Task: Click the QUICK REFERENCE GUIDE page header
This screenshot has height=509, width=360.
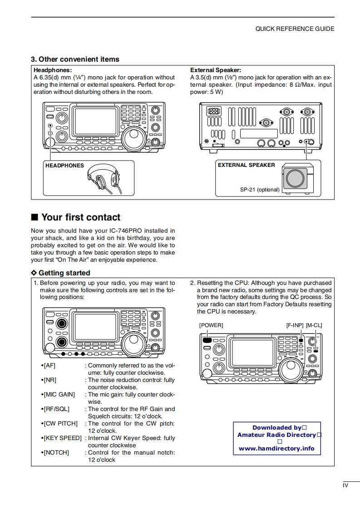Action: pyautogui.click(x=295, y=29)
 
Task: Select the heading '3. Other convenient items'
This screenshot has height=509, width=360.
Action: pyautogui.click(x=75, y=59)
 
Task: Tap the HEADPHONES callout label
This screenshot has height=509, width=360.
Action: pyautogui.click(x=64, y=166)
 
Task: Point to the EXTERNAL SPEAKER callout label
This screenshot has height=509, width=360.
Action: pyautogui.click(x=246, y=165)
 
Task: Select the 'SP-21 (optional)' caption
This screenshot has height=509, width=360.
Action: pyautogui.click(x=260, y=190)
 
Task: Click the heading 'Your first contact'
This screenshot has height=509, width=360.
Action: pyautogui.click(x=81, y=217)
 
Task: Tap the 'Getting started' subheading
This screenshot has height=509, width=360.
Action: pyautogui.click(x=64, y=273)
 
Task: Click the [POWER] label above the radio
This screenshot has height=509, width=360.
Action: pyautogui.click(x=211, y=325)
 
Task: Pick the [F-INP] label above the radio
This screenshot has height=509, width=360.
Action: pyautogui.click(x=295, y=325)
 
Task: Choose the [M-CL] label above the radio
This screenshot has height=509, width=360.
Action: pyautogui.click(x=314, y=325)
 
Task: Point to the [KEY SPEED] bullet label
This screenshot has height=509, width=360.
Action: pyautogui.click(x=62, y=438)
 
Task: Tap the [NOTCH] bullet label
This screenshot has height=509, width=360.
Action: pyautogui.click(x=56, y=453)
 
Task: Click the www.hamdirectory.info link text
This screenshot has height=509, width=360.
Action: pyautogui.click(x=276, y=449)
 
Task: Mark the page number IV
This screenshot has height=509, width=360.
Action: pyautogui.click(x=345, y=486)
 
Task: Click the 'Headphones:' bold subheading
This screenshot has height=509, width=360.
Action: pyautogui.click(x=53, y=70)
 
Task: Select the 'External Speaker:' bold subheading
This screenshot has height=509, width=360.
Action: pyautogui.click(x=216, y=70)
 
